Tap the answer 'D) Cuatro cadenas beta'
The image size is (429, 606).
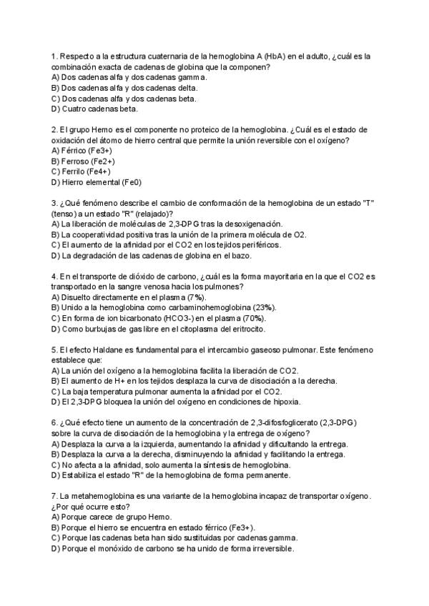click(x=95, y=109)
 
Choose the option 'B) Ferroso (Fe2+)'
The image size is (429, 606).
click(x=84, y=162)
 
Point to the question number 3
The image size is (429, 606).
click(x=54, y=203)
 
